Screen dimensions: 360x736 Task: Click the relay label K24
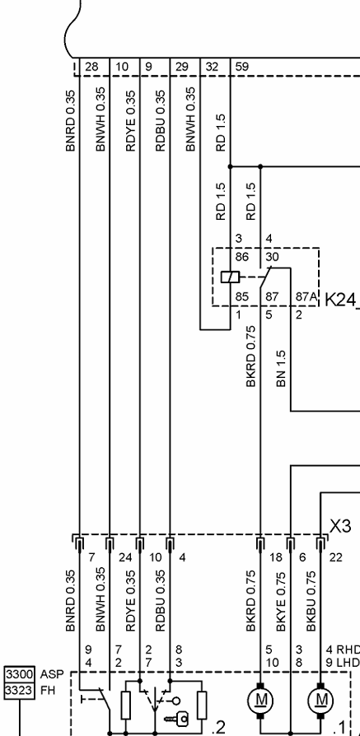point(342,299)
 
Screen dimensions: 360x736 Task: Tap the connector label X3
point(340,526)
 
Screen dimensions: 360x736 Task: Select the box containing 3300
point(19,674)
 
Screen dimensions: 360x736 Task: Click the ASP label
point(52,674)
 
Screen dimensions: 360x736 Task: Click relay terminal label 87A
point(305,297)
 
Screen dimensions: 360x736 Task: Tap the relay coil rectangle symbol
point(230,277)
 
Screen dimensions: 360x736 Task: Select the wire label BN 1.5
point(281,368)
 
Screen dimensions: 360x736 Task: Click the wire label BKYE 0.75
point(281,601)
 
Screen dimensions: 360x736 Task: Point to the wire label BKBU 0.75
point(311,601)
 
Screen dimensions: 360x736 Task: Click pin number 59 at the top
point(241,67)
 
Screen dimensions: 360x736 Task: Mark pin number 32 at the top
point(212,67)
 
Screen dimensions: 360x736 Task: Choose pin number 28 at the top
point(91,67)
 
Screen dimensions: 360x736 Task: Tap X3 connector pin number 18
point(276,557)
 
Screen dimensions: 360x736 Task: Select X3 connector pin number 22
point(336,557)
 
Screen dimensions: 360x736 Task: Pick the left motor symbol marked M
point(260,701)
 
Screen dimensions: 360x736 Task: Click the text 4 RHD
point(343,650)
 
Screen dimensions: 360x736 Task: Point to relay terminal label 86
point(241,257)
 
